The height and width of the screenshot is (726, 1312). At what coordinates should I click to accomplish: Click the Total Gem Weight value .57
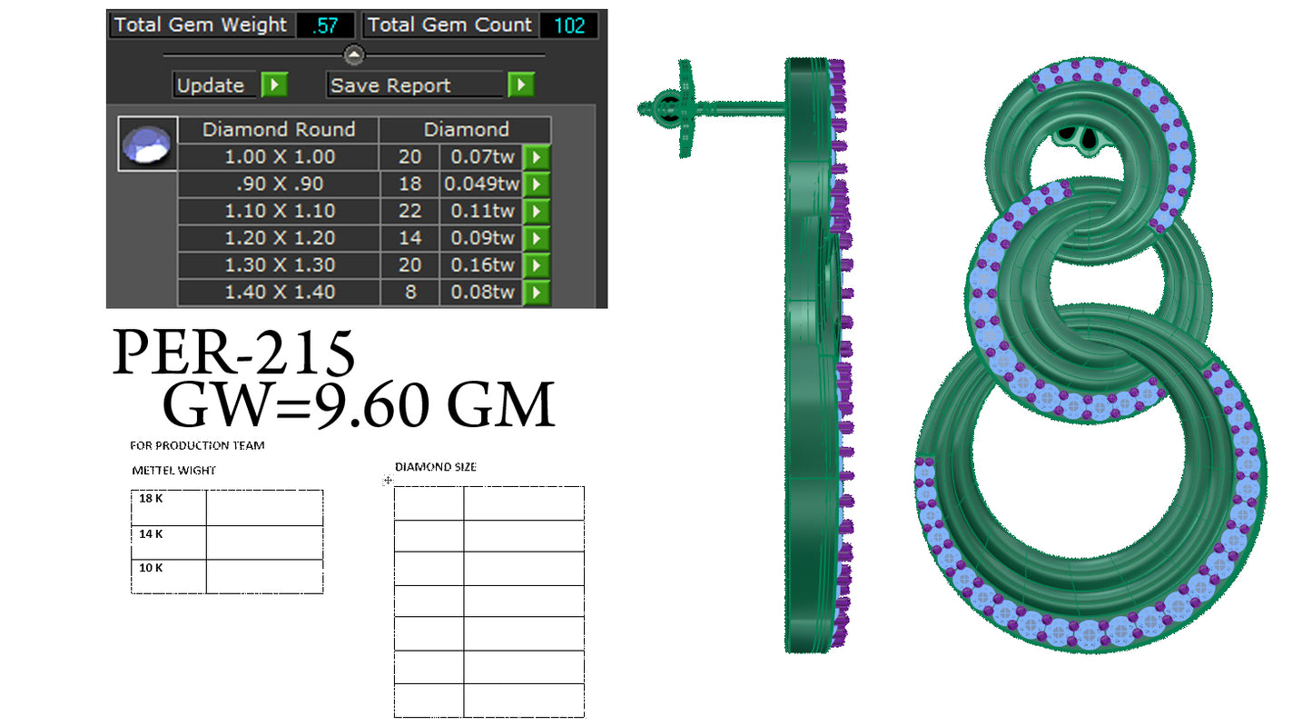[x=325, y=25]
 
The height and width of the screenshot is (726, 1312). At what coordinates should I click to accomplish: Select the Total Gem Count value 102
[x=569, y=25]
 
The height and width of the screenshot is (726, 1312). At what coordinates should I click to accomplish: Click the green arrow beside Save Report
[x=520, y=85]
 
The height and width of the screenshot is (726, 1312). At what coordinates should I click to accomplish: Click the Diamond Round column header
[x=278, y=129]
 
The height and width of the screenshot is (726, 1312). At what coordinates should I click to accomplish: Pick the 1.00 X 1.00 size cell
[x=279, y=156]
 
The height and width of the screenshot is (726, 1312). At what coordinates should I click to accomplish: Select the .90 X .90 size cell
[x=279, y=184]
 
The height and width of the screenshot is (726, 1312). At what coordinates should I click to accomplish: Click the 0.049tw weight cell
[x=481, y=184]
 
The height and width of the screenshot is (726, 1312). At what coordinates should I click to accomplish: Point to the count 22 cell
[x=409, y=211]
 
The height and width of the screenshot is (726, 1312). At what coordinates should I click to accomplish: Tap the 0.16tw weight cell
[x=481, y=265]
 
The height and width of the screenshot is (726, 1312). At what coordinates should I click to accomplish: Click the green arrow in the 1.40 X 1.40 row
[x=536, y=293]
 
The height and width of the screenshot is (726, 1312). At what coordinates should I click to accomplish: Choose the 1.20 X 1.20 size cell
[x=279, y=238]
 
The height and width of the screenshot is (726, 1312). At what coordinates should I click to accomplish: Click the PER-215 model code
[x=233, y=353]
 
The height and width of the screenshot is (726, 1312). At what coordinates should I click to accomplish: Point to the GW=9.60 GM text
[x=358, y=405]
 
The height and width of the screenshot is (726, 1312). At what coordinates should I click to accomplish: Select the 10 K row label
[x=151, y=568]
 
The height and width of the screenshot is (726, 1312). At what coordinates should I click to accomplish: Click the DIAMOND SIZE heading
[x=435, y=467]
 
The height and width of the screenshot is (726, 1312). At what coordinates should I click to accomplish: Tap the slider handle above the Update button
[x=354, y=55]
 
